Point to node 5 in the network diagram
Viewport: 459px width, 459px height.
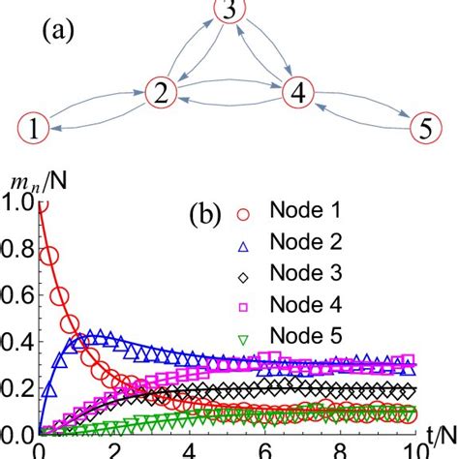point(422,126)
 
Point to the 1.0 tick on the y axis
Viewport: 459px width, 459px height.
point(17,201)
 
